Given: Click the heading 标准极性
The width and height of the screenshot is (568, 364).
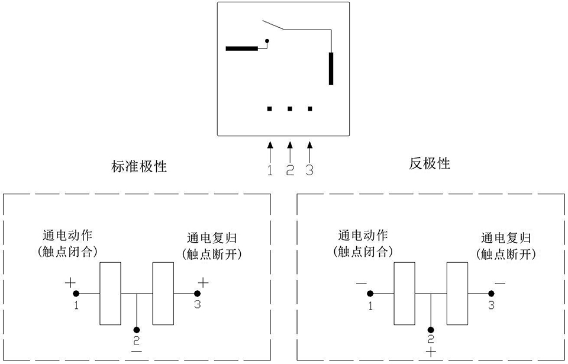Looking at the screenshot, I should coord(140,166).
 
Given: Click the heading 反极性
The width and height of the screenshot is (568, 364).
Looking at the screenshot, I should coord(430,163).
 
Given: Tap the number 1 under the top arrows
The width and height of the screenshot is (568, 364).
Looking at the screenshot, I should coord(270,170).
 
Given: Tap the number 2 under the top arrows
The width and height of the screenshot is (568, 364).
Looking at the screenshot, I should coord(290,170).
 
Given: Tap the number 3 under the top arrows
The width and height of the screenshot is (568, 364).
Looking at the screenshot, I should coord(309,170).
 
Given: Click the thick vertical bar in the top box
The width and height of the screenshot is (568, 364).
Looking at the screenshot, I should coord(331,69).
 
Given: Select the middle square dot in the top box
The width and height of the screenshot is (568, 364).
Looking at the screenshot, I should coord(290,109).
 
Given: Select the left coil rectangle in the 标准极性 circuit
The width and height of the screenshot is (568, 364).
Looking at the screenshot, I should coord(110,294).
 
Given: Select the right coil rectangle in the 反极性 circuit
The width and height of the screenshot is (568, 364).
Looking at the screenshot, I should coord(457,294).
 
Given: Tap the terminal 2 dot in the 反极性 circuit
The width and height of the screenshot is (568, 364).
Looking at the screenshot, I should coord(431,329).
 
